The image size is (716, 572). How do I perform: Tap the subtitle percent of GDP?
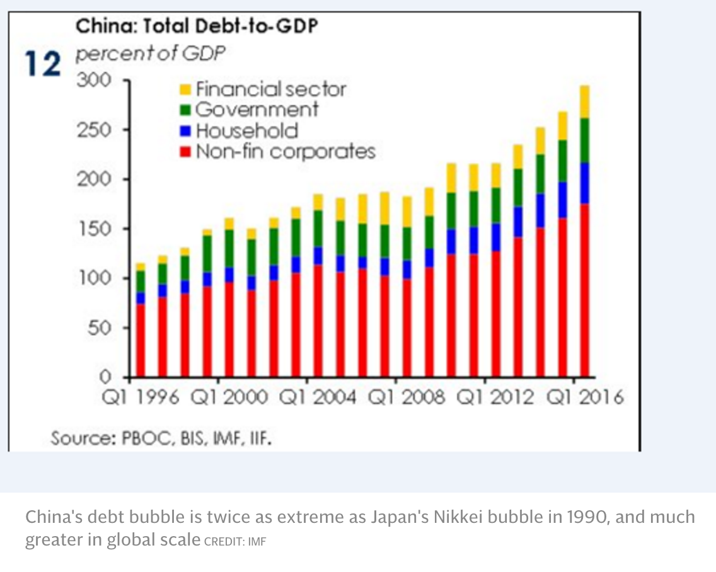click(151, 54)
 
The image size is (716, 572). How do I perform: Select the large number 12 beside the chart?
click(43, 64)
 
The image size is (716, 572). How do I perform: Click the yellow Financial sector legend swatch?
click(185, 89)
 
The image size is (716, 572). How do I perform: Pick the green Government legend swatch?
click(185, 110)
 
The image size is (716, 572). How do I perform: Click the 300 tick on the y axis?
click(94, 81)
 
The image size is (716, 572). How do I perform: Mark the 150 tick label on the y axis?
click(94, 229)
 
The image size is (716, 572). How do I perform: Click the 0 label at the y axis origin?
click(106, 377)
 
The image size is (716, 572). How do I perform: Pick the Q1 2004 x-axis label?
click(318, 398)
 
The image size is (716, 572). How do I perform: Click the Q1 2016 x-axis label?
click(584, 398)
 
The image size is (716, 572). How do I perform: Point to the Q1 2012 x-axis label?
click(495, 398)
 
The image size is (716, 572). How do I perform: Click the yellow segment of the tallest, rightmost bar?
click(584, 101)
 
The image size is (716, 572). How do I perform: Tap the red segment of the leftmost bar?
click(140, 340)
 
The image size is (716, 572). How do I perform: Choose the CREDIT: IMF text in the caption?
click(235, 541)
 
